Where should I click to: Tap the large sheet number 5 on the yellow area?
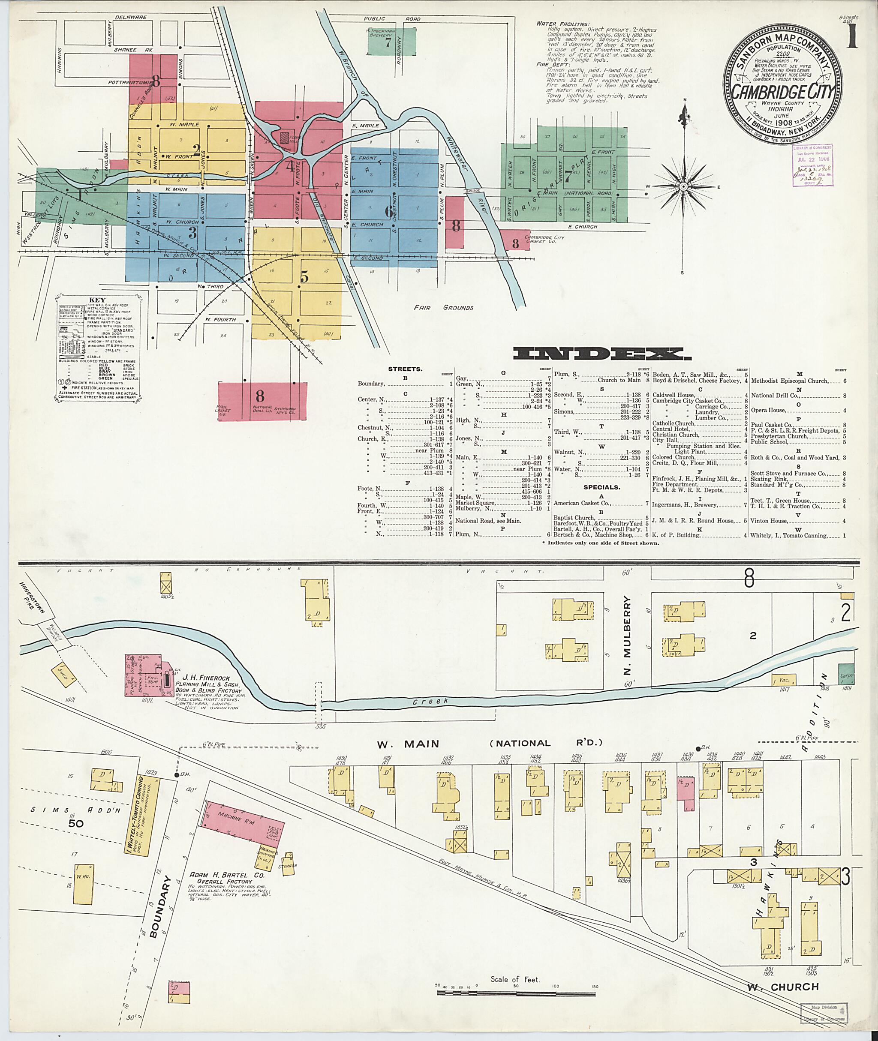tap(304, 277)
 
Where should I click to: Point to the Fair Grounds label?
tap(443, 308)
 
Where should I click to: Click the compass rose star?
tap(683, 186)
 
